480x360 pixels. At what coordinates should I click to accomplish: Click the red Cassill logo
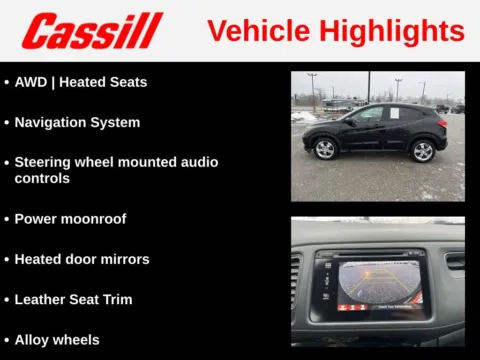point(92,30)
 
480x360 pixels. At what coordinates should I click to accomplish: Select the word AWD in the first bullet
point(30,82)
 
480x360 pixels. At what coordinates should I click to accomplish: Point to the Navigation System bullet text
point(77,122)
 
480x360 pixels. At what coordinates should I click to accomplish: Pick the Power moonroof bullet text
point(70,218)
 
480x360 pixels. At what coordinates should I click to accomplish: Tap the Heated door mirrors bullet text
point(82,259)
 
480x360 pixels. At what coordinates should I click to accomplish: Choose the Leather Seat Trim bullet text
point(73,299)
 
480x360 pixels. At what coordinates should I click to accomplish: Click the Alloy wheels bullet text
point(57,340)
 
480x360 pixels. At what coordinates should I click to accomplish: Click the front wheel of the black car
point(325,150)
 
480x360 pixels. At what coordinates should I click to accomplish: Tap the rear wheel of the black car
point(423,150)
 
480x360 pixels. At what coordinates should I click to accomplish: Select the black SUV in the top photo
point(375,130)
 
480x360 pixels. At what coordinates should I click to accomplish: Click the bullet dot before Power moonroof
point(7,218)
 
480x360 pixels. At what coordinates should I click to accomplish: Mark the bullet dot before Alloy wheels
point(7,340)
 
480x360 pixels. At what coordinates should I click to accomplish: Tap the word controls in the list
point(42,178)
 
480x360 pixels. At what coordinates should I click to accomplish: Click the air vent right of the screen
point(455,262)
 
